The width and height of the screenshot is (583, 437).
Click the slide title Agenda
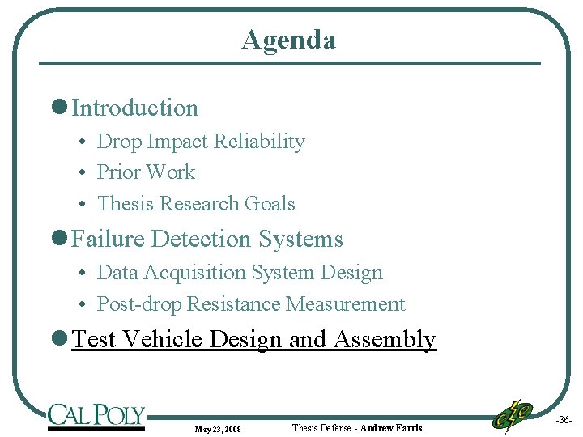(288, 40)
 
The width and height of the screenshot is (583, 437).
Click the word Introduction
(135, 108)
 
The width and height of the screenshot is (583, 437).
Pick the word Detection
(202, 240)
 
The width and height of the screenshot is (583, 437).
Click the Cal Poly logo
(96, 415)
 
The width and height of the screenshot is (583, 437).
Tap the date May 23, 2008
(218, 429)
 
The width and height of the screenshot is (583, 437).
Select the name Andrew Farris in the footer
(391, 428)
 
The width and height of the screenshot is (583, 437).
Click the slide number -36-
(564, 421)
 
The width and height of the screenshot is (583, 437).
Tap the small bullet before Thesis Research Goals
(83, 205)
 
